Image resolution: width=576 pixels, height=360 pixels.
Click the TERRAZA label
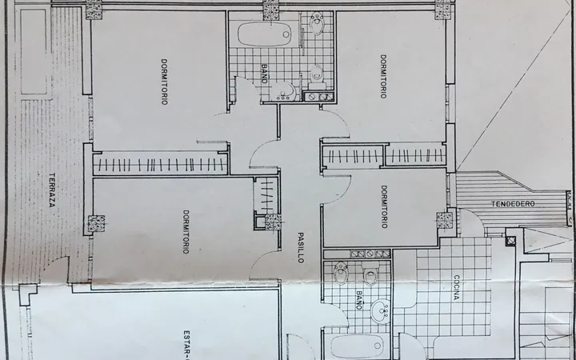pos(52,190)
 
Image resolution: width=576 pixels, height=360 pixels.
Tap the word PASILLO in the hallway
pos(301,247)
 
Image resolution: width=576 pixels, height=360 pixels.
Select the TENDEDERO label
pos(513,204)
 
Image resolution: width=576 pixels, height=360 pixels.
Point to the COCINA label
pos(456,288)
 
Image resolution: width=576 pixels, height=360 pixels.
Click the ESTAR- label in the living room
pos(187,345)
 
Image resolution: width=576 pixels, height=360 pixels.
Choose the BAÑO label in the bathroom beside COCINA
pos(360,300)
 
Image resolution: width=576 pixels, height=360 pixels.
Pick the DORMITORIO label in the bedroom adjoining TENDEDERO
pos(384,207)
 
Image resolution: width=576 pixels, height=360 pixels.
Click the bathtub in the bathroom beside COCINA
pos(357,346)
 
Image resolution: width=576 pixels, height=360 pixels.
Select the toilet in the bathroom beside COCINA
pos(370,274)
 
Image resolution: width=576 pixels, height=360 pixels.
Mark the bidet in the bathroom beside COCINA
pos(342,273)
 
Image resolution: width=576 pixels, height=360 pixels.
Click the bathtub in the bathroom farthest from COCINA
pos(265,34)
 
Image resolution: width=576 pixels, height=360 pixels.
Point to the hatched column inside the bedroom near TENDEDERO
pos(445,220)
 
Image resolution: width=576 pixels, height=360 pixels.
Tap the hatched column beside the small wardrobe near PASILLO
pos(273,222)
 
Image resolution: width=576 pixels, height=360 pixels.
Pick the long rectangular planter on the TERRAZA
pos(34,52)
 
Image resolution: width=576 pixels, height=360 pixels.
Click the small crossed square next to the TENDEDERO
pos(510,242)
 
